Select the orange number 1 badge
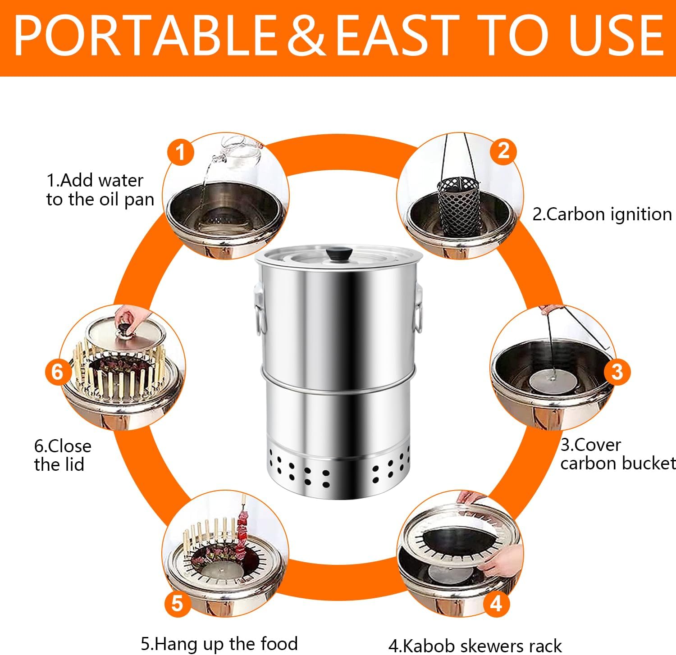tap(180, 152)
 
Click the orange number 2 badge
tap(503, 150)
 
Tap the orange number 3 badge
tap(617, 372)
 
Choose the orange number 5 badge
tap(177, 603)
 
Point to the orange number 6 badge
tap(58, 372)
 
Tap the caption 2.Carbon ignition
tap(602, 214)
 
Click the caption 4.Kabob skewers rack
tap(475, 646)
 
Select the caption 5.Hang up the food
tap(219, 643)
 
